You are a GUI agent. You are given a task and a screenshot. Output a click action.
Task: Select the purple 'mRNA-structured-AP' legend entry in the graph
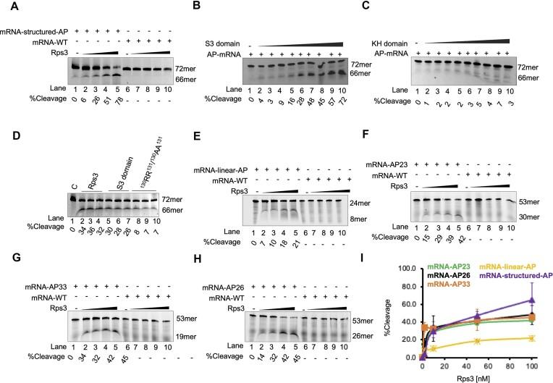click(497, 276)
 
